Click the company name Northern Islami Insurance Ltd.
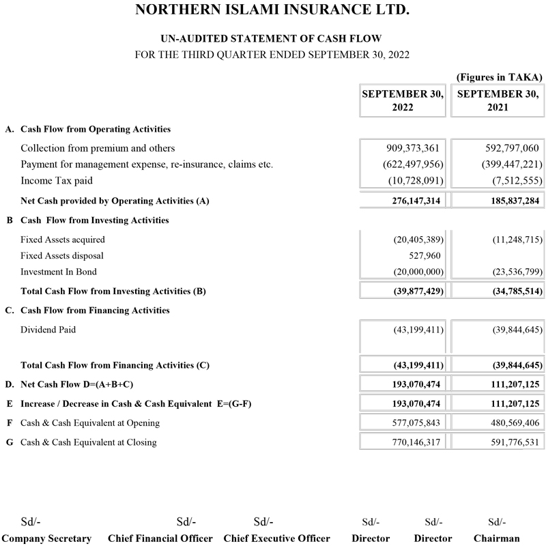273,10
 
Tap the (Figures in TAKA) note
499,77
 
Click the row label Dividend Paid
48,330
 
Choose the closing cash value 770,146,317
412,442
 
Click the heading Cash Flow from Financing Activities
96,311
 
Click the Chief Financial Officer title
160,538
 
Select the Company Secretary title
47,538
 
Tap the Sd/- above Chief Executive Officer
263,522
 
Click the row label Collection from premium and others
98,148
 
